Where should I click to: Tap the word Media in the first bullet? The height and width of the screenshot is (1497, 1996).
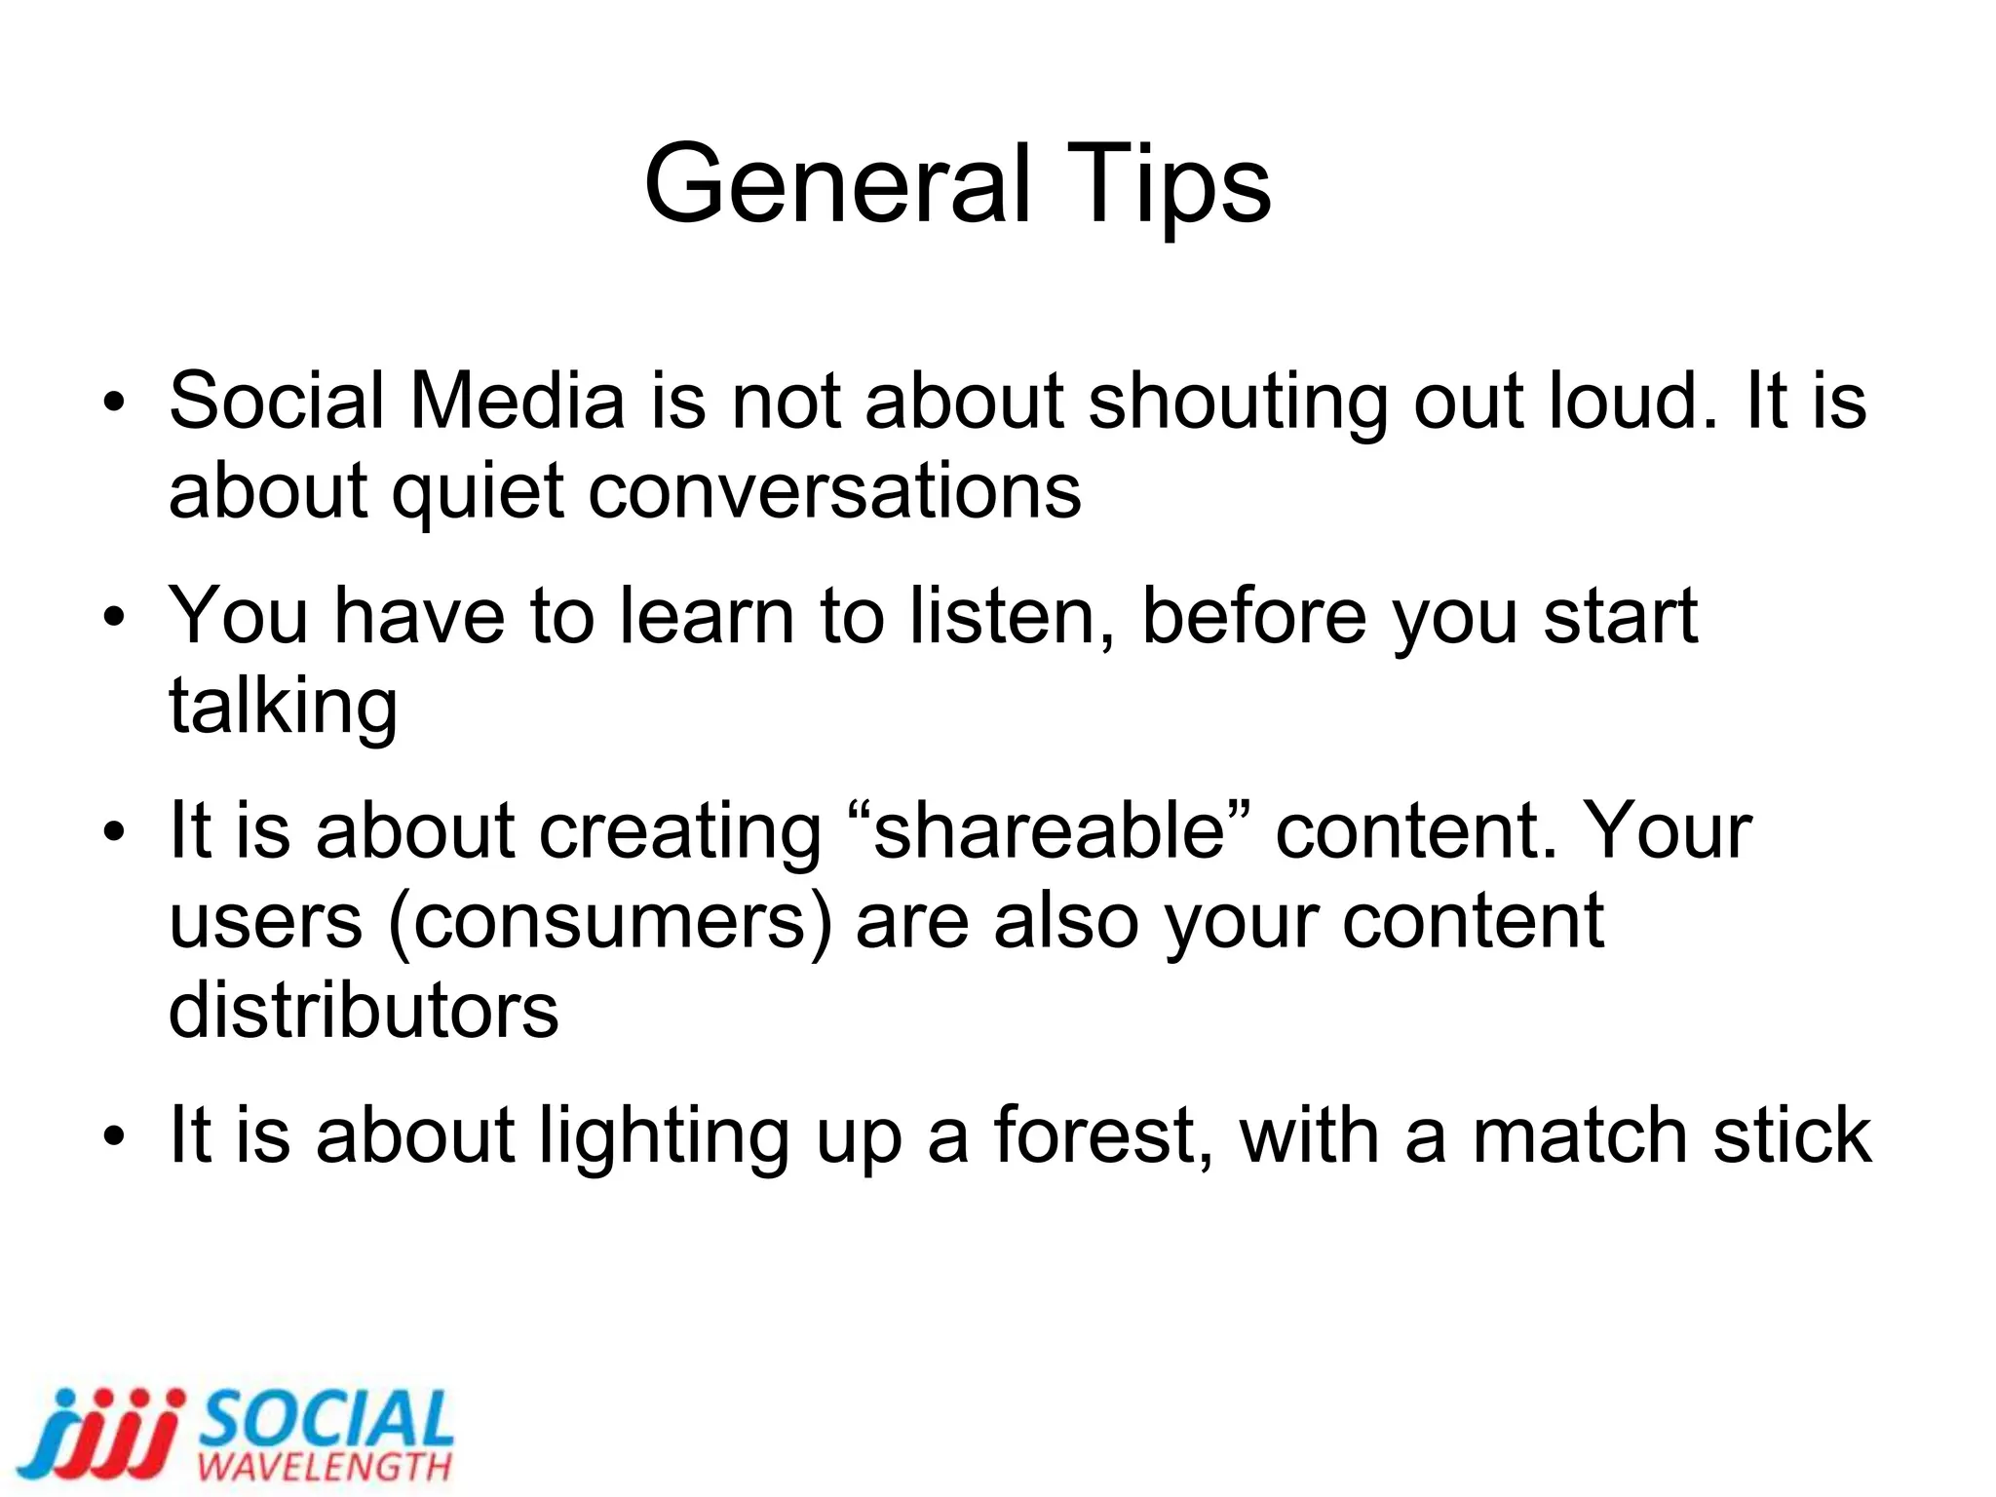click(517, 401)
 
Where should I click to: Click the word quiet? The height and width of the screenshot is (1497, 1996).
click(478, 491)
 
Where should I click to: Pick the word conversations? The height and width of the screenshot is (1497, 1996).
click(834, 491)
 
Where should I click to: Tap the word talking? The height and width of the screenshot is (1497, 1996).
click(283, 707)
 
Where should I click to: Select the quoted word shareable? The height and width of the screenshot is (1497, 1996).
click(1049, 830)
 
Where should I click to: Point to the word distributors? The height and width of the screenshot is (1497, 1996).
click(364, 1011)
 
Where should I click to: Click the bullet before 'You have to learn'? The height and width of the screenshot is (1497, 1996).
click(115, 617)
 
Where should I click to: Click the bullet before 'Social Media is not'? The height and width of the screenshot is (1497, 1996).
click(115, 402)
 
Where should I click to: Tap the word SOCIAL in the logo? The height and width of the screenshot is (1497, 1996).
click(326, 1419)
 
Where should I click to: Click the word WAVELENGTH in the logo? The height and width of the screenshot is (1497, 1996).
click(324, 1467)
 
